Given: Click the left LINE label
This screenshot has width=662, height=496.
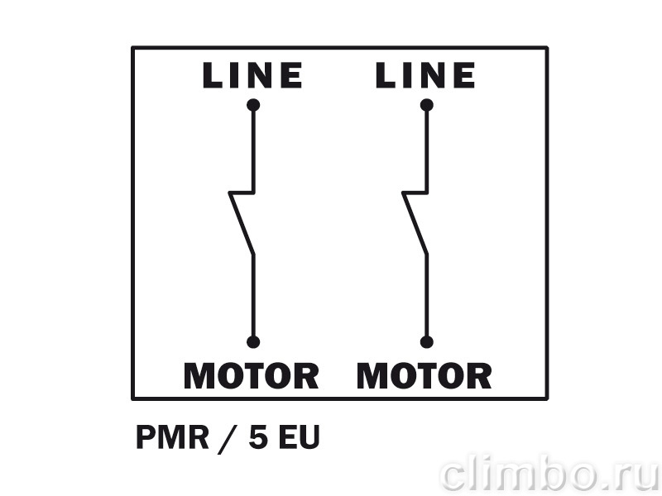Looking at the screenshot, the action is pos(252,75).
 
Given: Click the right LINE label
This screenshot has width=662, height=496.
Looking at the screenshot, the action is pos(425,75).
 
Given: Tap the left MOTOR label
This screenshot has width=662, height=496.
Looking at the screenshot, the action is pos(252,376).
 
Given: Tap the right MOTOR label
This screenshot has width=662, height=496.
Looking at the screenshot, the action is pos(425,376).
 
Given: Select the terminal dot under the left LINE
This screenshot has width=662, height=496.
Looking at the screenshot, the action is pos(253,105).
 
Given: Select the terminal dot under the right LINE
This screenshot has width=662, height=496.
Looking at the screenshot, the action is pos(427,105).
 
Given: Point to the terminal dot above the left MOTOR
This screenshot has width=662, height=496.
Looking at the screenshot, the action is pos(253,342).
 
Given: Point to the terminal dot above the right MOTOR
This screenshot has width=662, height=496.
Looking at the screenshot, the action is pos(427,342).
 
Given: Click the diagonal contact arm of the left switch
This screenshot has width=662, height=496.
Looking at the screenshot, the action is pos(242,224).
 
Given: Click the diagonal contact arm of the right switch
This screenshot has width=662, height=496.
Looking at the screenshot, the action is pos(415,224).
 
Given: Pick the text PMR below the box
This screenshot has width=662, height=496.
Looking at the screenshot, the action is pos(172,437).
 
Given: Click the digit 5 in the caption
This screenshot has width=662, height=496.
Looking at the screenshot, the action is pos(258,437).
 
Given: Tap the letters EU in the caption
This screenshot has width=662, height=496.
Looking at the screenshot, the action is pos(299,437).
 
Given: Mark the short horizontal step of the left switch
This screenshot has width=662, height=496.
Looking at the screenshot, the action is pos(242,193).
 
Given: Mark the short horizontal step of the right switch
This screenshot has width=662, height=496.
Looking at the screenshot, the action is pos(415,193).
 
